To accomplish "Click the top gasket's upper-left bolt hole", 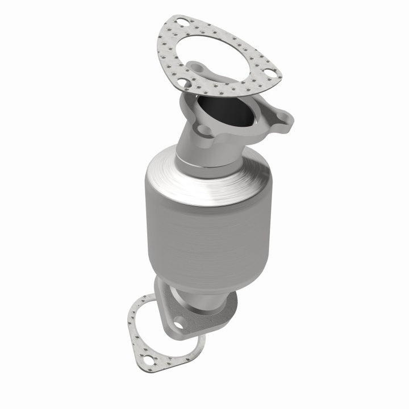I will pyautogui.click(x=181, y=22).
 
